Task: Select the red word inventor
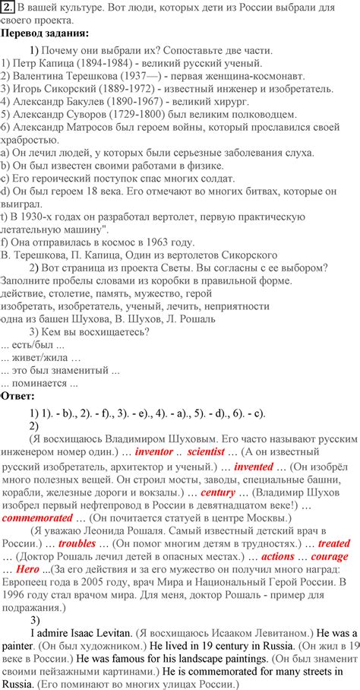coord(154,451)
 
